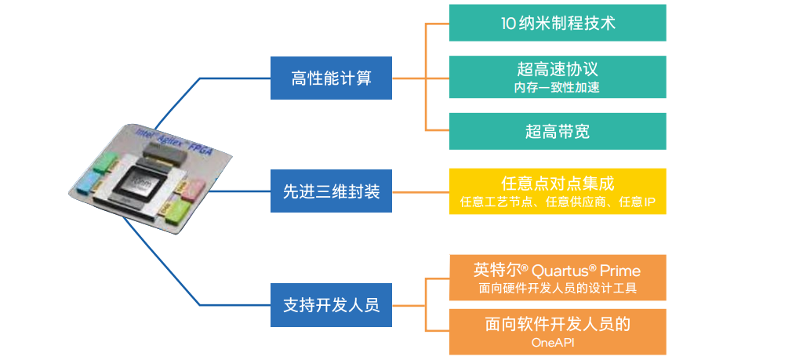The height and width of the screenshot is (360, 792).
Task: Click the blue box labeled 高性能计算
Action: [x=331, y=78]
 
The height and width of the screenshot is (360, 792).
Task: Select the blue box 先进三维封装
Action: [x=331, y=191]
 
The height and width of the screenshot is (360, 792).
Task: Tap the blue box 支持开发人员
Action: [x=331, y=304]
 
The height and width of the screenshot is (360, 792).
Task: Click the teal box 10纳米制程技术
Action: [x=558, y=23]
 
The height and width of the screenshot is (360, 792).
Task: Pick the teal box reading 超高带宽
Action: [x=558, y=132]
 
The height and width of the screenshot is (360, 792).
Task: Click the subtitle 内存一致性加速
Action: [x=558, y=88]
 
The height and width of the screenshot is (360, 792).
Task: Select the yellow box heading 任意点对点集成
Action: [x=558, y=184]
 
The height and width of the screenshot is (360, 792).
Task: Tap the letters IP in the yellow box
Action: [x=648, y=202]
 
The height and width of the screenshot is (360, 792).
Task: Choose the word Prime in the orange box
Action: [x=619, y=271]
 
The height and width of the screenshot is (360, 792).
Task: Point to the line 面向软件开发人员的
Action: [x=558, y=325]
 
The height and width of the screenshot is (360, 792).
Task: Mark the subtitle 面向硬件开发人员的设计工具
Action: [x=558, y=289]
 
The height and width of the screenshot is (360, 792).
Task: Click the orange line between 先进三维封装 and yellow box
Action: [x=420, y=191]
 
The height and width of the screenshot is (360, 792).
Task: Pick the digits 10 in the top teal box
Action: [x=509, y=24]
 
